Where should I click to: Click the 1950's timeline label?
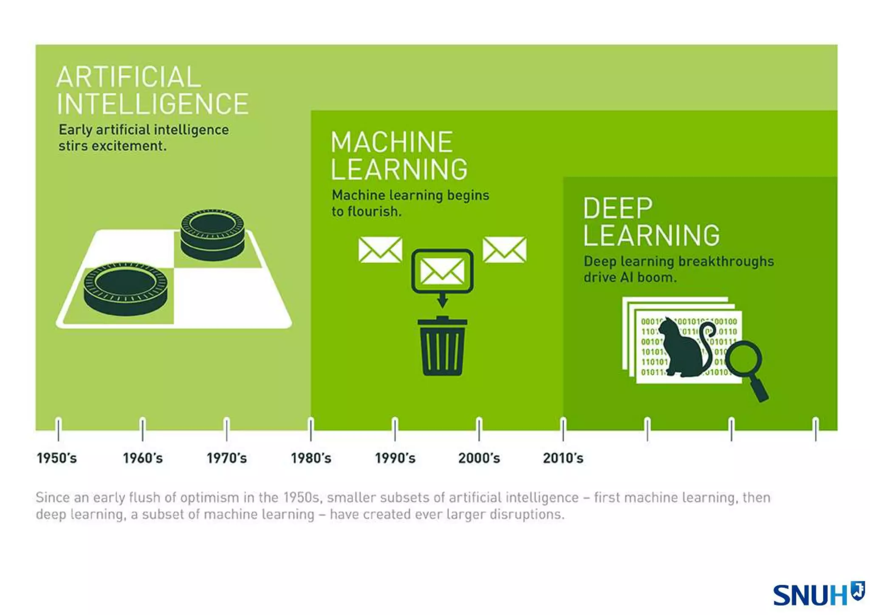[x=56, y=458]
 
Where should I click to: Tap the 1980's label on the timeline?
[x=311, y=458]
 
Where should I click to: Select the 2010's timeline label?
[x=563, y=458]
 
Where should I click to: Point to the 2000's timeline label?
[x=479, y=458]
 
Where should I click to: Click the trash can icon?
[x=442, y=347]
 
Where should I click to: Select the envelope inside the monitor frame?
[x=442, y=271]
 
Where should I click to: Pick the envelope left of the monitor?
[x=380, y=249]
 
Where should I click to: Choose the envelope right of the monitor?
[x=504, y=249]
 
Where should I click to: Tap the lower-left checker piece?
[x=125, y=288]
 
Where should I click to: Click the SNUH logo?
[x=818, y=594]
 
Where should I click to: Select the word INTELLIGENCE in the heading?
[x=153, y=104]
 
